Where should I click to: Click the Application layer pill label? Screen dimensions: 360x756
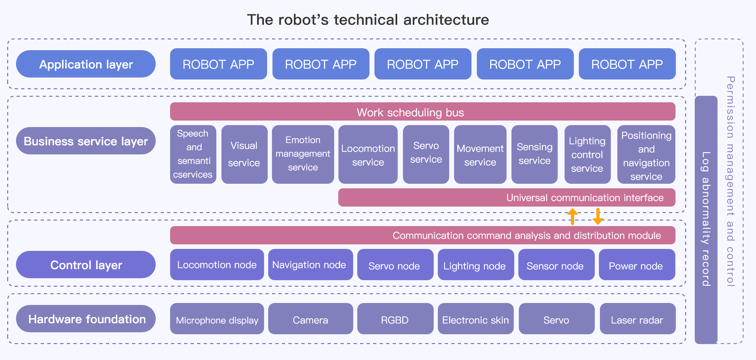tap(86, 64)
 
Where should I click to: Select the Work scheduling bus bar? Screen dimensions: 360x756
tap(422, 112)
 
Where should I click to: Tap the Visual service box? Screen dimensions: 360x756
tap(244, 154)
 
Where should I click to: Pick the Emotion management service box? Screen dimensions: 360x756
tap(303, 154)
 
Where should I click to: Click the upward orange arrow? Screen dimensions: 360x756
tap(573, 216)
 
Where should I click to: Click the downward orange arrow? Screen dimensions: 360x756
tap(598, 216)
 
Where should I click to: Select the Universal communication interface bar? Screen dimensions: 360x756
tap(506, 197)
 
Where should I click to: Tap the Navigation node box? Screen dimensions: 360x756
tap(310, 265)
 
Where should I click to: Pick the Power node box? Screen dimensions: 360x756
tap(637, 265)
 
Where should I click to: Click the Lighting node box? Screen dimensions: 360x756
tap(475, 265)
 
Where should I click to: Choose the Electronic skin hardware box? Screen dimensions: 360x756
tap(475, 319)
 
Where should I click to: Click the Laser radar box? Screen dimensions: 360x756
tap(637, 319)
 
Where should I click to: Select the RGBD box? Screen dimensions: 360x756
tap(395, 319)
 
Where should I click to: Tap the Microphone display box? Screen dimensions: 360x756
tap(217, 319)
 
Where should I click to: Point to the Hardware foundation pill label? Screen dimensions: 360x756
tap(86, 319)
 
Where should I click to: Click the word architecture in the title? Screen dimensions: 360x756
tap(446, 20)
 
